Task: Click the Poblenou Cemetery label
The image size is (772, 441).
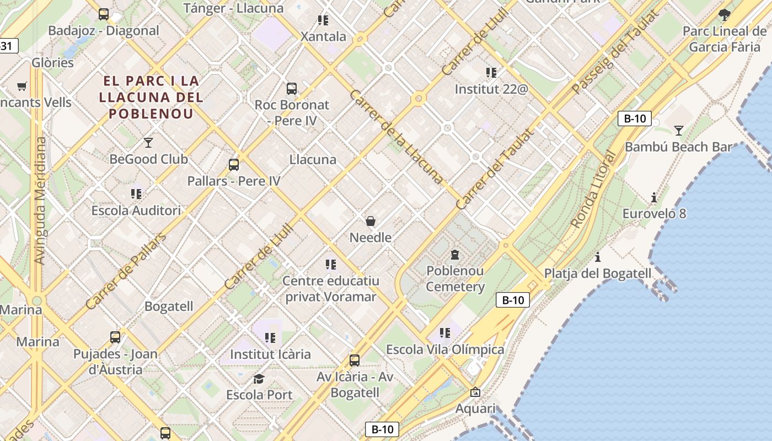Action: pos(455,278)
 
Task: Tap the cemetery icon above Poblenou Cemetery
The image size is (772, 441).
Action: pos(455,255)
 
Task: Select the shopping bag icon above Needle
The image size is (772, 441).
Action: pos(371,221)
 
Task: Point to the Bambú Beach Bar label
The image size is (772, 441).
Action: pos(678,147)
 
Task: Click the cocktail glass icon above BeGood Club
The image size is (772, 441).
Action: pos(148,143)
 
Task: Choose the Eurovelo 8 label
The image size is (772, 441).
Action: pos(654,213)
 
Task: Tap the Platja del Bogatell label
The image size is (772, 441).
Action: pos(598,273)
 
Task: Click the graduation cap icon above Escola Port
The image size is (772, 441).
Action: pos(259,379)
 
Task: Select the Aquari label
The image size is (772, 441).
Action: pos(475,408)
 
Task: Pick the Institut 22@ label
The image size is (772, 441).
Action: pos(491,88)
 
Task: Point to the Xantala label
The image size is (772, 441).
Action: pos(323,37)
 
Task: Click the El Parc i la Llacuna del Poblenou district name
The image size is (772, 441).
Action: pos(151,97)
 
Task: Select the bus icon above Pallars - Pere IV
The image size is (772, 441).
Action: pos(234,164)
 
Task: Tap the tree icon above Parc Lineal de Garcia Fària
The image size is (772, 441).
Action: pos(724,15)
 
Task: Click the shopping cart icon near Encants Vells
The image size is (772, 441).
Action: pos(22,86)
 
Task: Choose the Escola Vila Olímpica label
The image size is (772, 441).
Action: pos(445,349)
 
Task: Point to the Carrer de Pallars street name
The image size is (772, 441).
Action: pos(126,271)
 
